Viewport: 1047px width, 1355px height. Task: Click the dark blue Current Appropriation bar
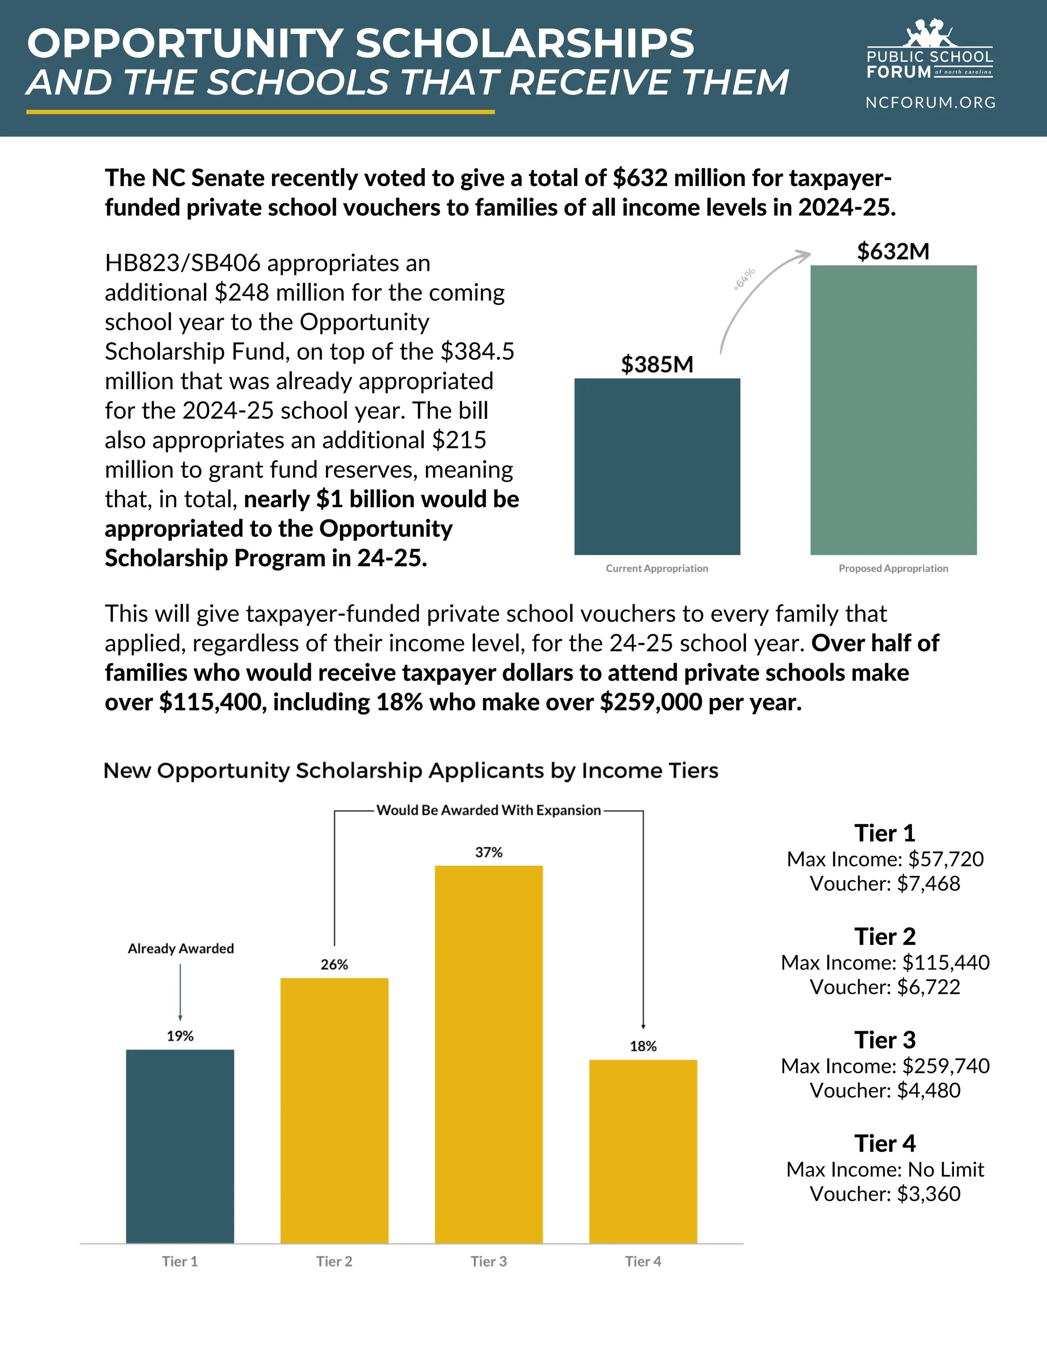[x=657, y=466]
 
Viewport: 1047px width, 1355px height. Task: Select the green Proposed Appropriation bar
[x=893, y=410]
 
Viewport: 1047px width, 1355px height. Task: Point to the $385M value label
[x=657, y=365]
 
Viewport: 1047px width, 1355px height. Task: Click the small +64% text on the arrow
[x=744, y=279]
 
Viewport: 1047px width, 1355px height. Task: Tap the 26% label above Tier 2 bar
[x=334, y=965]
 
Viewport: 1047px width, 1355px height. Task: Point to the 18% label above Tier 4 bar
[x=643, y=1047]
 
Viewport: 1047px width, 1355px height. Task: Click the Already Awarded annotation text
[x=180, y=948]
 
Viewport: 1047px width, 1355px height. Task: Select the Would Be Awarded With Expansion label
[x=489, y=810]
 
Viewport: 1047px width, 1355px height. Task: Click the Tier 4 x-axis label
[x=643, y=1261]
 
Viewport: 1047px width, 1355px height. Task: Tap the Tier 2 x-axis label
[x=334, y=1261]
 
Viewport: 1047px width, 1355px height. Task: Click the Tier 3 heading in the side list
[x=884, y=1041]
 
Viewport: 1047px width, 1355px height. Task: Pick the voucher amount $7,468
[x=928, y=884]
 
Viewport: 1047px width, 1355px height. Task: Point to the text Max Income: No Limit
[x=884, y=1169]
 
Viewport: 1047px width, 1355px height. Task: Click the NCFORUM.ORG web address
[x=930, y=102]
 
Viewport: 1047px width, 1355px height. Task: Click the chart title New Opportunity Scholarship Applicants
[x=411, y=771]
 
